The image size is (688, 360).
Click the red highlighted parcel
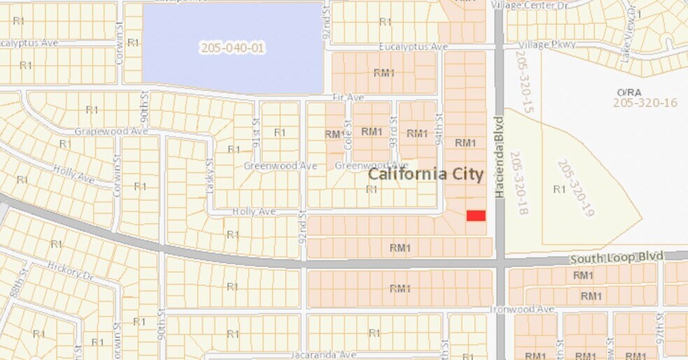pos(475,215)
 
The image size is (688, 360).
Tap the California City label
pos(426,173)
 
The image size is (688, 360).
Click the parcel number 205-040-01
pos(233,48)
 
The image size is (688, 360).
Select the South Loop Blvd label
pos(606,258)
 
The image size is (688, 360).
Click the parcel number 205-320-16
pos(645,103)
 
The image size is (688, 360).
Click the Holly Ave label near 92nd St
pos(254,211)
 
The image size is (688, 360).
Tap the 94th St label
pos(440,129)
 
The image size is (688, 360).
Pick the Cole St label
pos(347,129)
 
